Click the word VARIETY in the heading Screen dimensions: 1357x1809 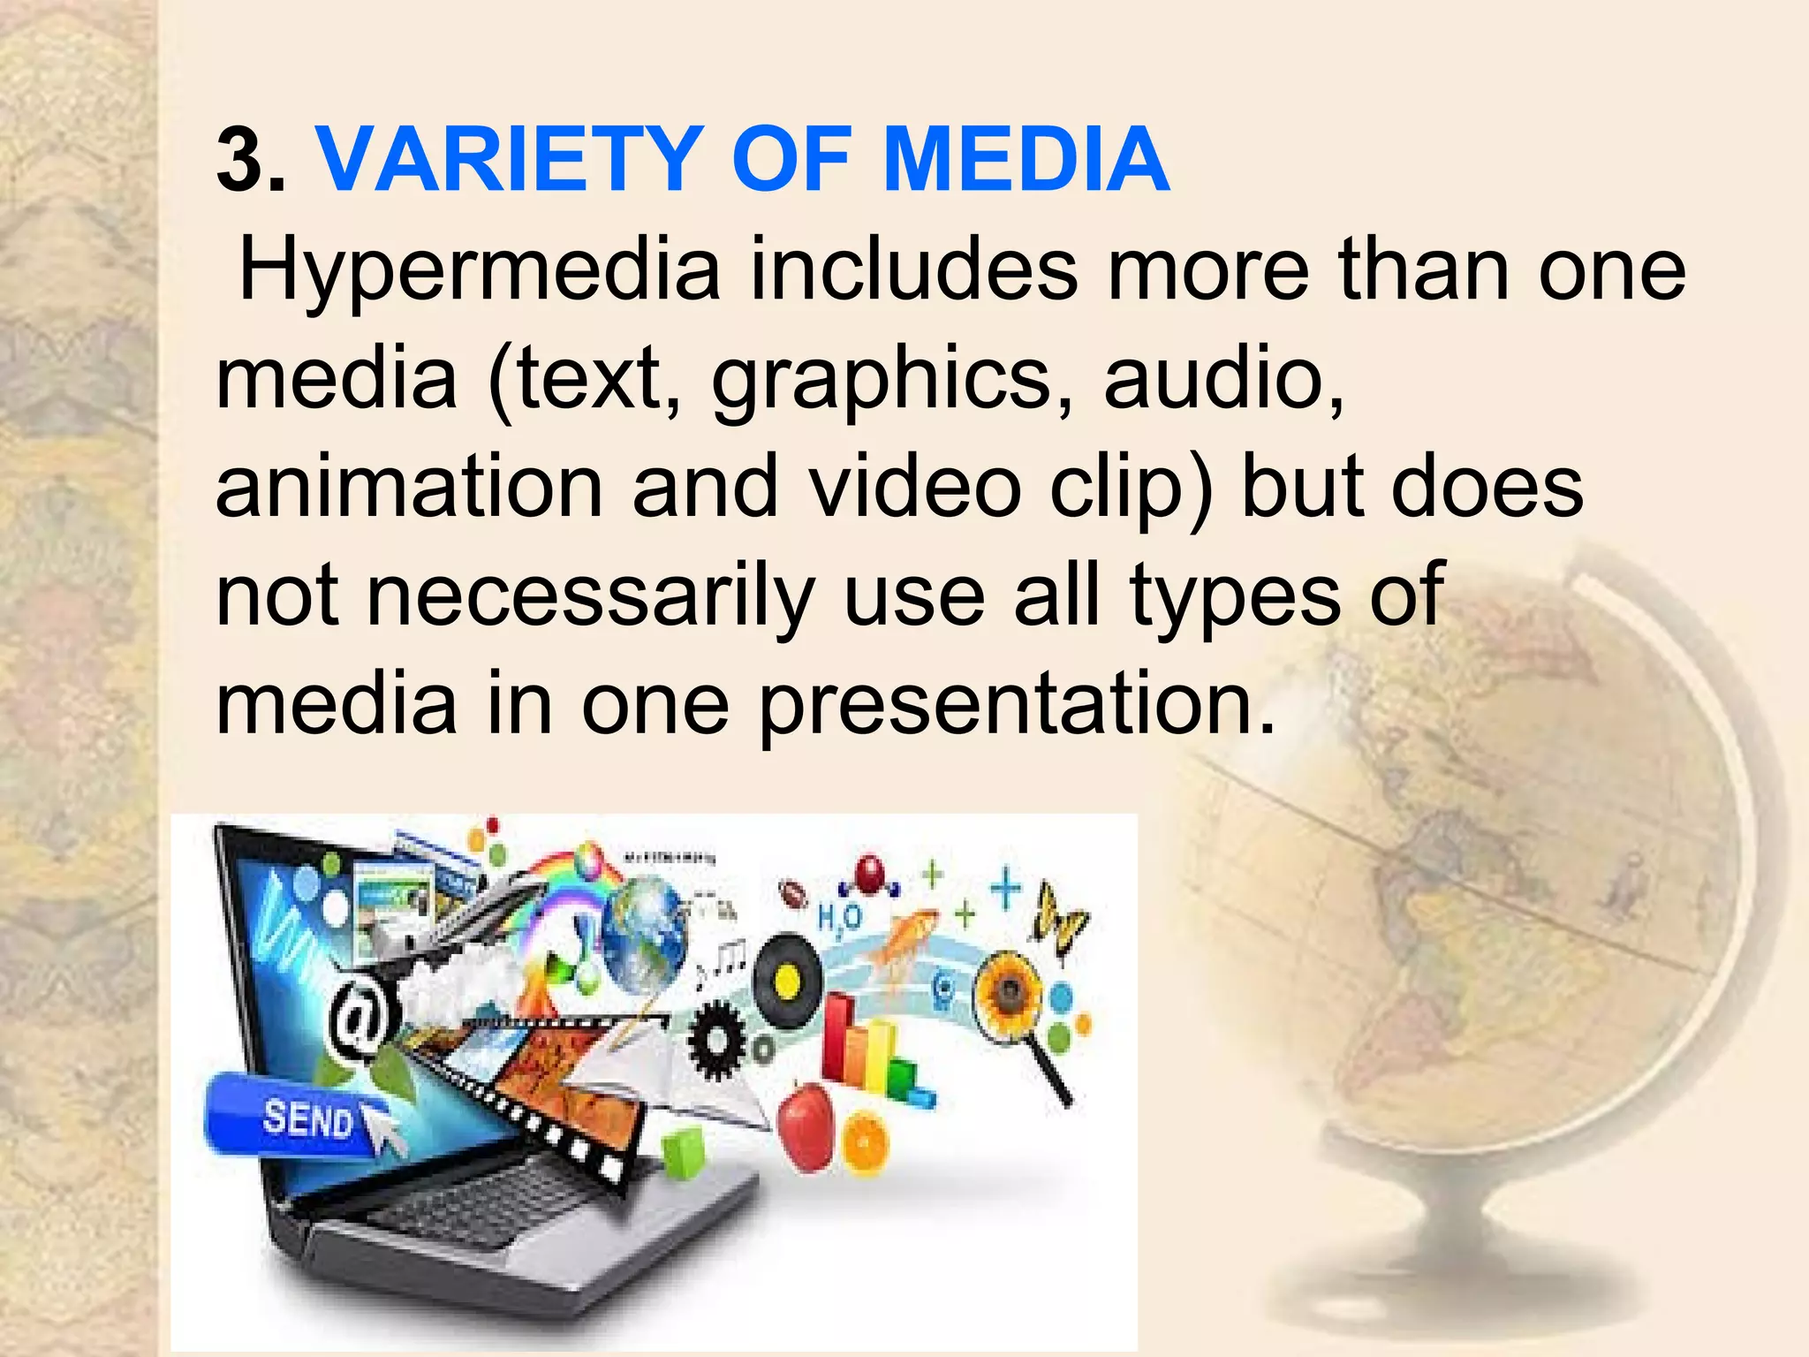tap(511, 160)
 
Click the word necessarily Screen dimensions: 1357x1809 tap(589, 596)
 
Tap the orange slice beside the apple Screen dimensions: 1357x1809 tap(866, 1145)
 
